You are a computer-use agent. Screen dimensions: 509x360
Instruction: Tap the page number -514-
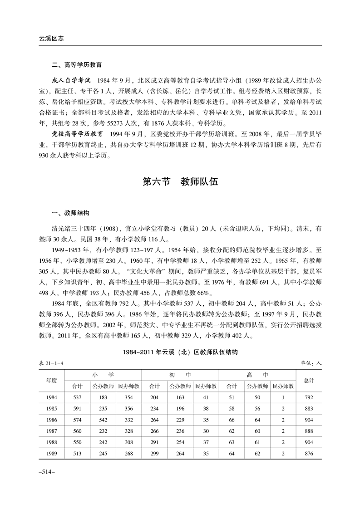(x=47, y=472)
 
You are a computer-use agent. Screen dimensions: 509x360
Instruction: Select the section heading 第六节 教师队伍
(x=180, y=182)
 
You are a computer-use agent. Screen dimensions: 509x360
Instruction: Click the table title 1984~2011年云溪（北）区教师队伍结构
(x=180, y=352)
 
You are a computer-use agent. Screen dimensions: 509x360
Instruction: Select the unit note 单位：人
(x=311, y=363)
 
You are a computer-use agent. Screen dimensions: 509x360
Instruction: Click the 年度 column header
(x=51, y=381)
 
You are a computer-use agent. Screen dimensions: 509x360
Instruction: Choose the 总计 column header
(x=309, y=381)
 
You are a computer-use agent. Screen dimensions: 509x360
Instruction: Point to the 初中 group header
(x=180, y=375)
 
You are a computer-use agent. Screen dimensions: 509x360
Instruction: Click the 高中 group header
(x=257, y=375)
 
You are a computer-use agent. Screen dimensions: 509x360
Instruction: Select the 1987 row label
(x=51, y=431)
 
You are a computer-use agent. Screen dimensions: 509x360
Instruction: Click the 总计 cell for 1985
(x=309, y=408)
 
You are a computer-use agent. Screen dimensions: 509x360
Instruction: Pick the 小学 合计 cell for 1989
(x=78, y=453)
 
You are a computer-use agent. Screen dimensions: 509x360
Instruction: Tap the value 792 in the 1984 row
(x=309, y=397)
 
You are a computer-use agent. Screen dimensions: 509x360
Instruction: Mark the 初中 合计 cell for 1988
(x=155, y=442)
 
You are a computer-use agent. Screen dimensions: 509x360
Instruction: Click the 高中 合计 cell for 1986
(x=232, y=420)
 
